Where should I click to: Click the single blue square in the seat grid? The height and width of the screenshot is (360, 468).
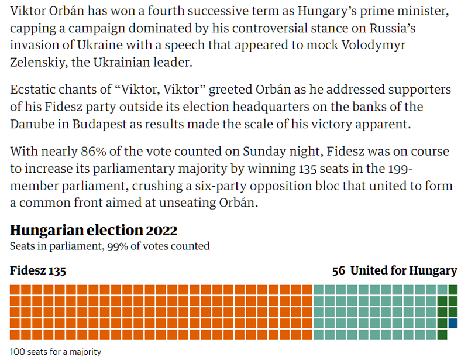coord(453,323)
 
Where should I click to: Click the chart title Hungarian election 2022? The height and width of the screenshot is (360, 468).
coord(94,230)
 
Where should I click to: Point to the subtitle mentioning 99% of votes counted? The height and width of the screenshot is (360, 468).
coord(109,246)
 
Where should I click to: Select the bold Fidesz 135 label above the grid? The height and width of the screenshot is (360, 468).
coord(38,270)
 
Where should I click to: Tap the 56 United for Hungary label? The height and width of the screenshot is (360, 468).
coord(394,270)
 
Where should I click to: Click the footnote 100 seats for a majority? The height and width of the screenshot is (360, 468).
coord(56,352)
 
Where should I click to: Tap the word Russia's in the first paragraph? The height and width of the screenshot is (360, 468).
coord(403,28)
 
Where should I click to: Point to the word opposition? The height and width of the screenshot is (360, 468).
coord(318,186)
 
